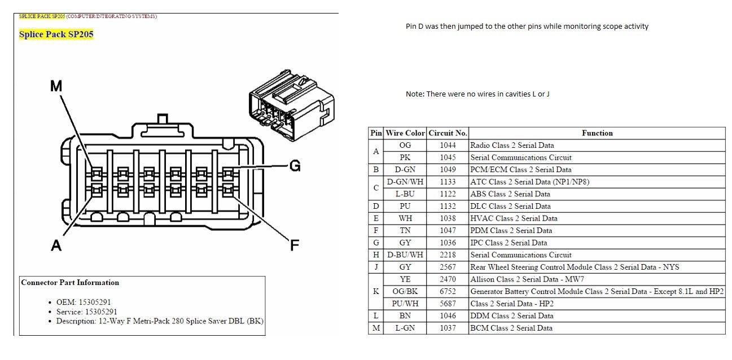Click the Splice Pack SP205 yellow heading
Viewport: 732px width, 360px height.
click(56, 34)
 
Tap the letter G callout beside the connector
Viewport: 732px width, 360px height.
click(295, 166)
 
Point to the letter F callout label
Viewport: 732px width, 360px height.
click(294, 245)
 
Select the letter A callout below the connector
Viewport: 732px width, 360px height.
click(56, 245)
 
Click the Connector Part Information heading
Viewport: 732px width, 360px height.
click(70, 283)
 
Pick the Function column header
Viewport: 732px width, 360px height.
click(597, 133)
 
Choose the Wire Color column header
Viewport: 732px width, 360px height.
click(405, 133)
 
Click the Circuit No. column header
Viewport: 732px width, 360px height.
click(448, 133)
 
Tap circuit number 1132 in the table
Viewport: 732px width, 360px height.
click(448, 206)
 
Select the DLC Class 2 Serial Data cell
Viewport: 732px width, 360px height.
click(510, 206)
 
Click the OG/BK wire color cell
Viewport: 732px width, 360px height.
click(405, 291)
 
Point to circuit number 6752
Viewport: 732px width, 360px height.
click(448, 291)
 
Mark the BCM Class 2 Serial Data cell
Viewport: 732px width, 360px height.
click(511, 328)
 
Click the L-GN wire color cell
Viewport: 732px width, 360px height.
click(405, 328)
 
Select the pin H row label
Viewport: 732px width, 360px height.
click(376, 254)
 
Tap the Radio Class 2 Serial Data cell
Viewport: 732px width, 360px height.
click(512, 145)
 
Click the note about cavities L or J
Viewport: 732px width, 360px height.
click(477, 94)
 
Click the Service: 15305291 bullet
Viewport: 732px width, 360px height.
click(87, 312)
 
